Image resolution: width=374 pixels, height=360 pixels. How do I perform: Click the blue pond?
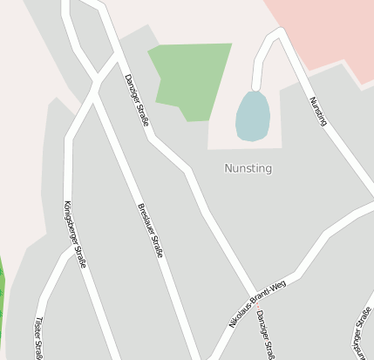tap(252, 116)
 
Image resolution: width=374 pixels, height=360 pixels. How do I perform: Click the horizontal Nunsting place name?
tap(248, 168)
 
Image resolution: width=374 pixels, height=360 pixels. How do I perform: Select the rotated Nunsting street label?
tap(318, 111)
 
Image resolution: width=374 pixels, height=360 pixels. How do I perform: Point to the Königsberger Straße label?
tap(74, 233)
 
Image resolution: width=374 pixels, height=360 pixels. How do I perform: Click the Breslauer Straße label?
tap(150, 231)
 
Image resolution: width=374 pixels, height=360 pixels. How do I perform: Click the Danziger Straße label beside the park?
tap(136, 99)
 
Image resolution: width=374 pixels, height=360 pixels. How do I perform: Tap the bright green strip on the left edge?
tap(3, 288)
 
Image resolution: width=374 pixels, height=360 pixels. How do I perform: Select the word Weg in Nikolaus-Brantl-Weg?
tap(279, 286)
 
